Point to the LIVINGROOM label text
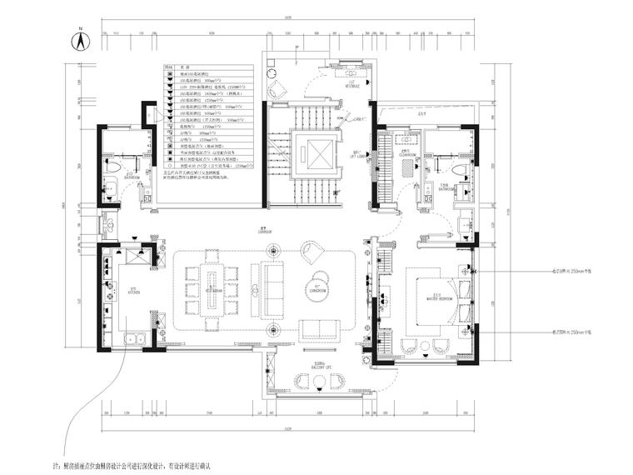[x=317, y=289]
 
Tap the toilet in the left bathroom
[x=111, y=167]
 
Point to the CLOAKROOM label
[x=406, y=153]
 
